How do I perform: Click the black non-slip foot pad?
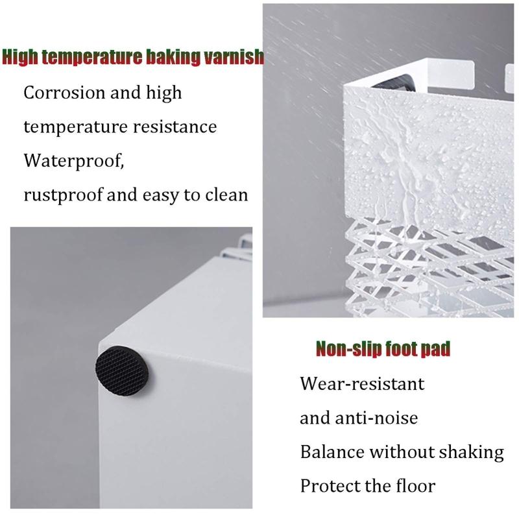tap(122, 371)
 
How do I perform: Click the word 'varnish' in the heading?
tap(234, 56)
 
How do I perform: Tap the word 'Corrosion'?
tap(64, 92)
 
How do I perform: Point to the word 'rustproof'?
tap(63, 195)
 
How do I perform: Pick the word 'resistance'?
tap(175, 127)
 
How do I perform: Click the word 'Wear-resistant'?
tap(362, 384)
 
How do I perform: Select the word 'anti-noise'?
tap(376, 418)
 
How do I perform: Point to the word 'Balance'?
tap(332, 452)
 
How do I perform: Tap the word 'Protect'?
tap(331, 487)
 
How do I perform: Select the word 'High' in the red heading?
tap(20, 57)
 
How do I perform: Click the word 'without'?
tap(402, 452)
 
